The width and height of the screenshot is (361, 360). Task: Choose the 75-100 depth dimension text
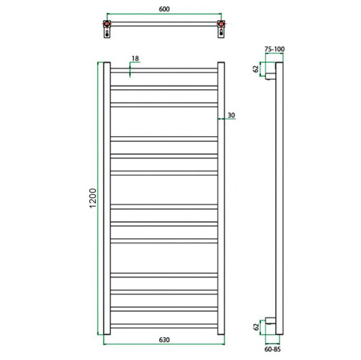275,50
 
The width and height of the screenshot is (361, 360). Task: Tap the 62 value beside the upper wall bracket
255,71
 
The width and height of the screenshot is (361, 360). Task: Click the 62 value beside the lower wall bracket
255,326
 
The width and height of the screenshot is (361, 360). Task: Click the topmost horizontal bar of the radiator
164,71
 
